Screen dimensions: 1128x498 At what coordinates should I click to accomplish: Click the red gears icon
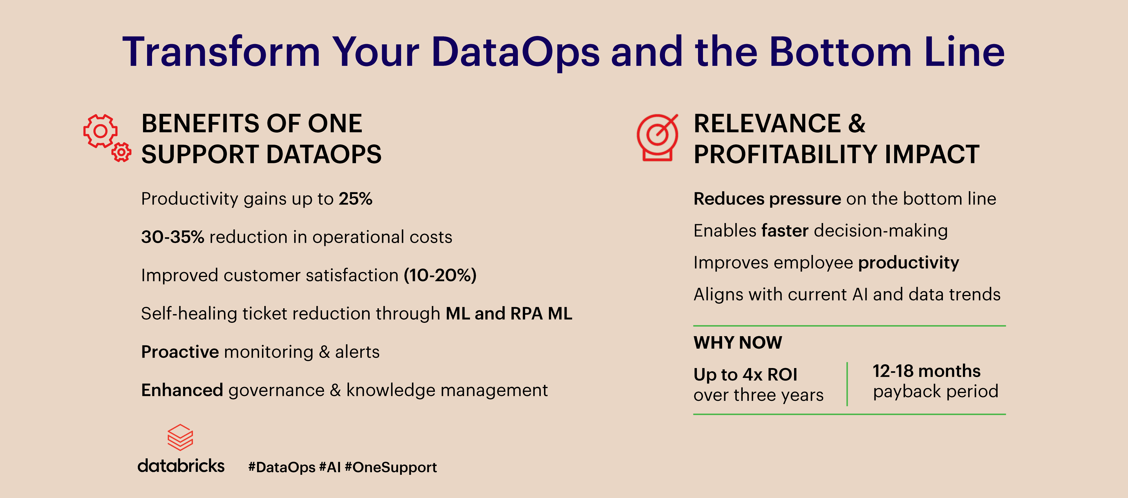[x=101, y=131]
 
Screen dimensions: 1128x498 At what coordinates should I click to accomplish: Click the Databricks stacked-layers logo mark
[x=180, y=437]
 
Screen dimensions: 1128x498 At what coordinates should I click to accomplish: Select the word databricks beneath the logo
[x=181, y=466]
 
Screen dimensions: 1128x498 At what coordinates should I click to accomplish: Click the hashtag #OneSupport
[x=391, y=467]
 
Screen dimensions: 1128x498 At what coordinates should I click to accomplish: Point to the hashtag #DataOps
[x=281, y=467]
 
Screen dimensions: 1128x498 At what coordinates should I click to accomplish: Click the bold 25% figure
[x=355, y=199]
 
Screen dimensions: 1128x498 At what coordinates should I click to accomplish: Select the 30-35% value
[x=173, y=237]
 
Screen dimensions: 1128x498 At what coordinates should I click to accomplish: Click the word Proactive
[x=180, y=352]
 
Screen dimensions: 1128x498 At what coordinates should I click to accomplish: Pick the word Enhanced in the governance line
[x=182, y=390]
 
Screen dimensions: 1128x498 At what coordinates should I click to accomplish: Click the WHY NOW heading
[x=738, y=343]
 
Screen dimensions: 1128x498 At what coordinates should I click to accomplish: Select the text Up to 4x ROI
[x=745, y=375]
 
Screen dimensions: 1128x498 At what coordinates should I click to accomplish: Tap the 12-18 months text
[x=927, y=371]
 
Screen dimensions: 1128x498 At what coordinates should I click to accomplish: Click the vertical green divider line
[x=847, y=384]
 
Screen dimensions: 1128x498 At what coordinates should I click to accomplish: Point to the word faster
[x=785, y=231]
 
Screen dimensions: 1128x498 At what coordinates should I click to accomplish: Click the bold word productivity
[x=909, y=262]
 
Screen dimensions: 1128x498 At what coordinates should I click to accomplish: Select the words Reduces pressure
[x=767, y=199]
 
